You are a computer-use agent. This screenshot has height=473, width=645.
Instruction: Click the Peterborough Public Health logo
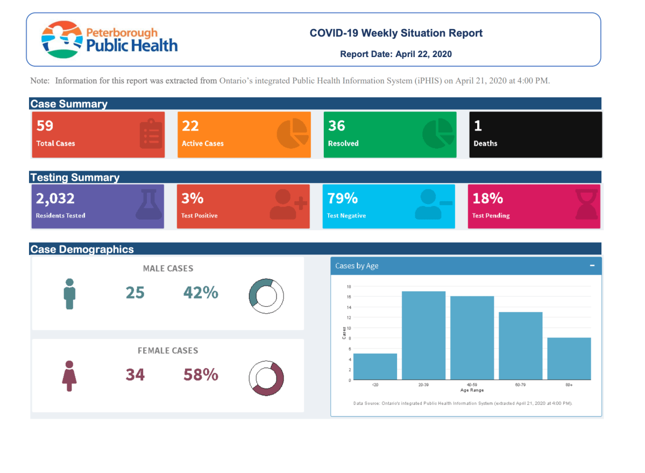109,39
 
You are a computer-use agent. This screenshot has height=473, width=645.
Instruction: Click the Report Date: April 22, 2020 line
395,54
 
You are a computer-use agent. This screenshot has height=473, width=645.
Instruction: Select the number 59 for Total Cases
45,126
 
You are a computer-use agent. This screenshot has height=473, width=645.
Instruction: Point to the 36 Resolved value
337,126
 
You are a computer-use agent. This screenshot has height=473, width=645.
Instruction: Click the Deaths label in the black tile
485,144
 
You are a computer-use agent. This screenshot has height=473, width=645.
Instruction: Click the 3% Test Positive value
192,199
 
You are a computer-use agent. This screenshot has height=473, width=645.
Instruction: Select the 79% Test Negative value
343,199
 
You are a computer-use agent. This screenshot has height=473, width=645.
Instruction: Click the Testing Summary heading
75,178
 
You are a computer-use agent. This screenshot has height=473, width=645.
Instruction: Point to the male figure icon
69,294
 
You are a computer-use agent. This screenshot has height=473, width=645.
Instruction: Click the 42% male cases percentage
201,292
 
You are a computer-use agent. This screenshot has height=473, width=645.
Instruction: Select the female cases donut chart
266,379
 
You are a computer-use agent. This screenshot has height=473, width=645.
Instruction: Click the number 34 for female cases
135,375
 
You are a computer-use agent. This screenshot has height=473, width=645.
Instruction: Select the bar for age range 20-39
424,335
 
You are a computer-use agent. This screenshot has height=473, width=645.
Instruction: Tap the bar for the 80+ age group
569,358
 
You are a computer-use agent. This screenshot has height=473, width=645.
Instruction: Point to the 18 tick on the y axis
349,286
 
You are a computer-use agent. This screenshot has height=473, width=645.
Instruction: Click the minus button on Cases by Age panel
592,266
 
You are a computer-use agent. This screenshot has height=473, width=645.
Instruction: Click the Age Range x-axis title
472,390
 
